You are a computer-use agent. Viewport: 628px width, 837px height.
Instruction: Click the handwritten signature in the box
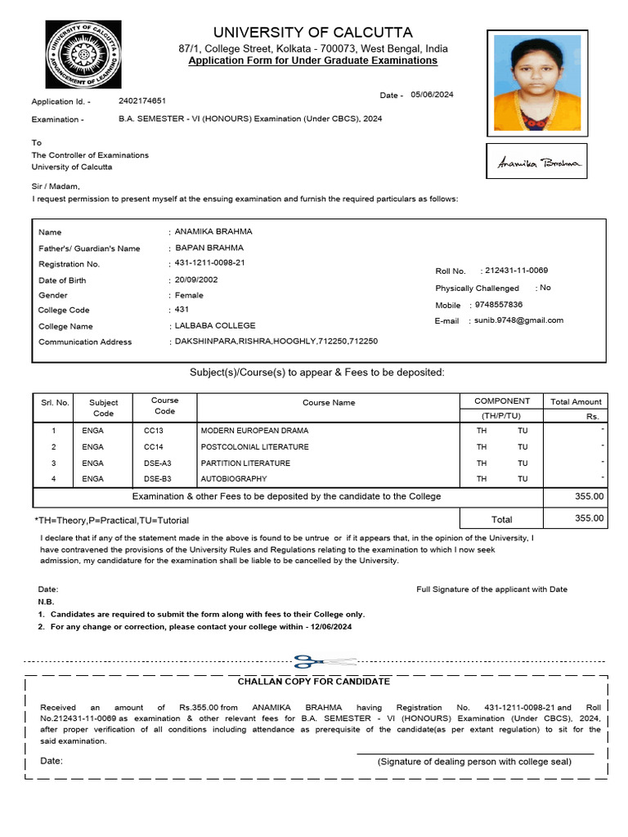[x=537, y=163]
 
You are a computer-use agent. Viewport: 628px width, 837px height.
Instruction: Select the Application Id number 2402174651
[x=142, y=101]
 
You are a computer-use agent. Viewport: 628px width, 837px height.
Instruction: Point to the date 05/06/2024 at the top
[x=432, y=95]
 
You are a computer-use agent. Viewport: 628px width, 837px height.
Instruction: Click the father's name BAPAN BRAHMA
[x=209, y=248]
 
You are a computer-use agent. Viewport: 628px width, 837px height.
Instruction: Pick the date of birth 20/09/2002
[x=196, y=280]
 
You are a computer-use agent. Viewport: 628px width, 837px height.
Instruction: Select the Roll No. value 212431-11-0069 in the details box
[x=516, y=271]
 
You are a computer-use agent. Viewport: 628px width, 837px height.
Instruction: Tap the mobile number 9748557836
[x=499, y=305]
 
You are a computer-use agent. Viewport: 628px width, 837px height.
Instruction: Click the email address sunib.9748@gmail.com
[x=518, y=320]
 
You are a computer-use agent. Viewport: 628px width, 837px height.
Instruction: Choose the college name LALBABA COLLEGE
[x=215, y=325]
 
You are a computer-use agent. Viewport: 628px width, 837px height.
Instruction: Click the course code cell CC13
[x=154, y=430]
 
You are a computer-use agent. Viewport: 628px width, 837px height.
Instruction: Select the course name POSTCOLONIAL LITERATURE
[x=255, y=447]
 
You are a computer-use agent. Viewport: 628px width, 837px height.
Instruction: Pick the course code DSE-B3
[x=158, y=478]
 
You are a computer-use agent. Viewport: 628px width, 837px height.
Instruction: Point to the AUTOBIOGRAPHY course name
[x=234, y=478]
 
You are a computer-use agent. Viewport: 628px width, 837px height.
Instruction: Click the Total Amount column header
[x=576, y=402]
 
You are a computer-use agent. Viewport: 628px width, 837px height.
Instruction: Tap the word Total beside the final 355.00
[x=501, y=519]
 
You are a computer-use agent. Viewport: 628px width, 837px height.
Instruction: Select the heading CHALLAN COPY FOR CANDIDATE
[x=314, y=682]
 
